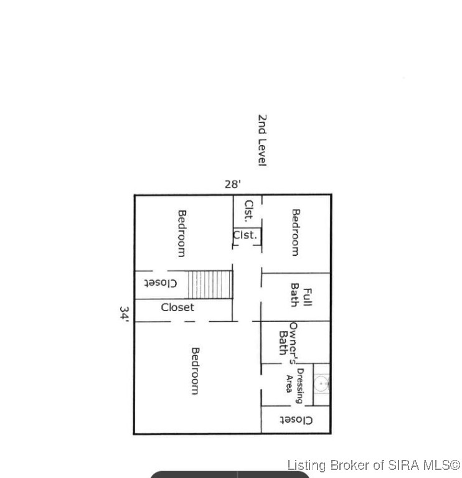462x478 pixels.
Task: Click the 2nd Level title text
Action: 262,140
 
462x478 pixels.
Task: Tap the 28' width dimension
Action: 233,184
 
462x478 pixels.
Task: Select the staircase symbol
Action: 210,284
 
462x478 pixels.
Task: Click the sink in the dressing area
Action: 321,384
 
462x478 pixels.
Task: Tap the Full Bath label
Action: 301,295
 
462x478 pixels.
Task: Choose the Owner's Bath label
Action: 288,342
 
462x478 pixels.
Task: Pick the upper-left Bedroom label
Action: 182,233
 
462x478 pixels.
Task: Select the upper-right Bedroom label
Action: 296,232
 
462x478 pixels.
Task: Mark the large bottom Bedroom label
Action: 194,371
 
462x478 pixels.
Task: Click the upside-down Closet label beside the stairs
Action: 161,283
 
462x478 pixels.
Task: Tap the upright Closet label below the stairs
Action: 177,307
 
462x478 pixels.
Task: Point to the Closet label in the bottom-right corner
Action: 296,420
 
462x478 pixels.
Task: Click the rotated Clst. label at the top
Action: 248,210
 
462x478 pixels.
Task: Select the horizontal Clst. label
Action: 245,235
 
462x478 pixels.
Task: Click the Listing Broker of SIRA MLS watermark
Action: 374,465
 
